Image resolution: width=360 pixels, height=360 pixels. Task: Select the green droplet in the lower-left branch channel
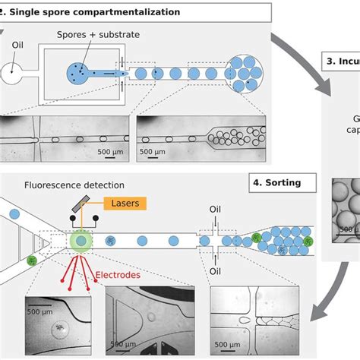click(32, 261)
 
